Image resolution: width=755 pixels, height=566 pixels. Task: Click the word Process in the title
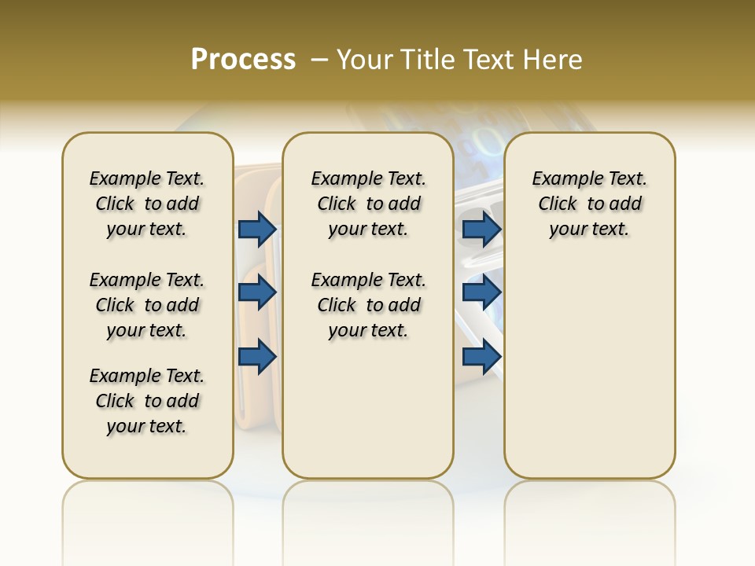(243, 60)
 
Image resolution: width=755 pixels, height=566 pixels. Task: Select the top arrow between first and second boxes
(257, 229)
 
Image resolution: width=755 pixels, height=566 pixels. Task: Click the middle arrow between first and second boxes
(257, 292)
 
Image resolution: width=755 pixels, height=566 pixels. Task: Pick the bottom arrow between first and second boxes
(257, 357)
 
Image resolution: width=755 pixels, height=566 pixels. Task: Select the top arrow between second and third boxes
(481, 229)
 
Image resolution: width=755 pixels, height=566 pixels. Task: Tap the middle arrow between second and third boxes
(481, 292)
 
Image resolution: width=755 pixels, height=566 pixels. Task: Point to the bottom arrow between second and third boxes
(481, 357)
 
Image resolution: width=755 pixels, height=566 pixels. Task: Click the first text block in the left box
(147, 204)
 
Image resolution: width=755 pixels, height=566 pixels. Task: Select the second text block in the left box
(147, 305)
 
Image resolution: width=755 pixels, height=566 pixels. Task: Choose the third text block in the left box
(147, 401)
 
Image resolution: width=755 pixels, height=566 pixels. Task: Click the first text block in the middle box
(368, 204)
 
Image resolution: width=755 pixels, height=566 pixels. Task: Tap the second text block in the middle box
(368, 305)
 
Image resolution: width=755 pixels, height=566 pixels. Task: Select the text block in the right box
(589, 204)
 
